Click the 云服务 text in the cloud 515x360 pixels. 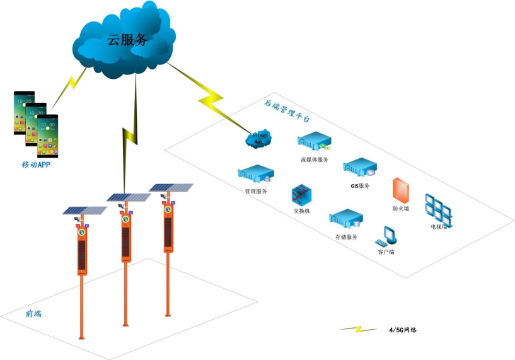point(127,40)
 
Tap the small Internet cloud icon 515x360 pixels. point(258,137)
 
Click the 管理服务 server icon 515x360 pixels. point(256,173)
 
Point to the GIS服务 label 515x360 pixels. point(360,186)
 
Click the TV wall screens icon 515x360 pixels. point(439,207)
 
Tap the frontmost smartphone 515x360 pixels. point(47,135)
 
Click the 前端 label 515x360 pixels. point(34,313)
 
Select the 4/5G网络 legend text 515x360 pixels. point(400,330)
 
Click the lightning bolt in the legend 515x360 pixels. point(357,329)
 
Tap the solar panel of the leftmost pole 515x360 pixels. point(84,210)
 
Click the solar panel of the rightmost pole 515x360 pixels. point(170,187)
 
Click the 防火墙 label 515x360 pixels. point(401,208)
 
